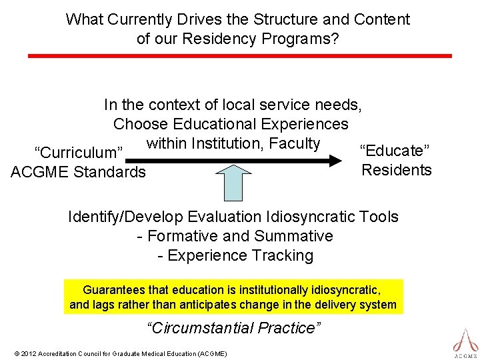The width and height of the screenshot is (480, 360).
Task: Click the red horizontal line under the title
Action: (x=239, y=56)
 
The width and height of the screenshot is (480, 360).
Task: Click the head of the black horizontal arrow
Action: (x=347, y=161)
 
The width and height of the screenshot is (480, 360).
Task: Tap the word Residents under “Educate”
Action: (x=396, y=170)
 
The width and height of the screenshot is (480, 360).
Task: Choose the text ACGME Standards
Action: (x=78, y=172)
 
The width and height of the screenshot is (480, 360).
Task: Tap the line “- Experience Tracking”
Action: (x=235, y=255)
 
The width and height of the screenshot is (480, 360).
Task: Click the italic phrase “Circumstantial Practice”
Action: (x=233, y=328)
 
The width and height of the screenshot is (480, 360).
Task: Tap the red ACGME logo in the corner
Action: (x=465, y=341)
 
